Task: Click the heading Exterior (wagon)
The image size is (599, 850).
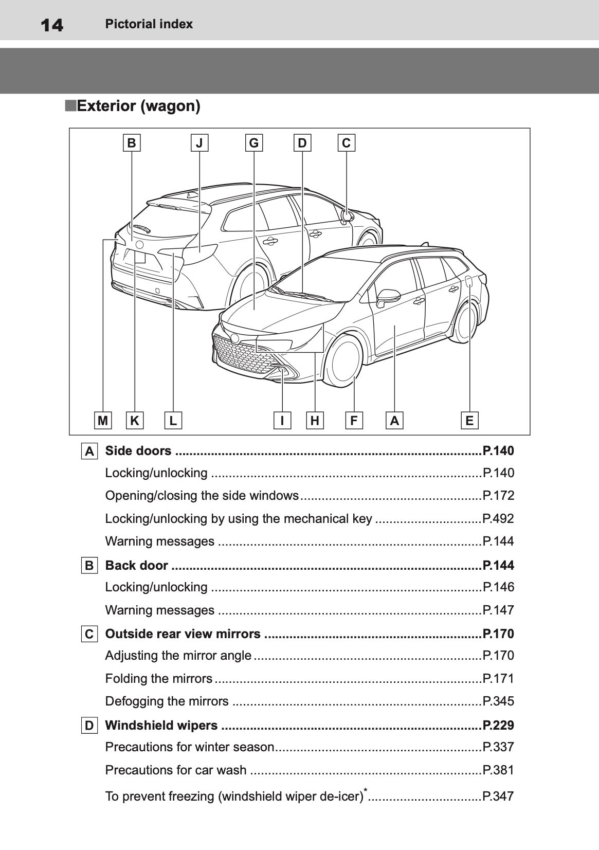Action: click(138, 106)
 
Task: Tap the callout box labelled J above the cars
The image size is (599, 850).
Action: click(199, 142)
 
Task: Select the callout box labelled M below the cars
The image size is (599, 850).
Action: click(103, 421)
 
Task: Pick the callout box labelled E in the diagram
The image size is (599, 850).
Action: click(469, 421)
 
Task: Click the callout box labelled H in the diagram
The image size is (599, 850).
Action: click(315, 421)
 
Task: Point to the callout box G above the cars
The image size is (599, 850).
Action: click(254, 142)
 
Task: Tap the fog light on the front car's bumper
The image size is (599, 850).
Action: click(282, 371)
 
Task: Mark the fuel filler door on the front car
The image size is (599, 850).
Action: click(468, 281)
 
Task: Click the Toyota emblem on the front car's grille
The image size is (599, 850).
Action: click(235, 338)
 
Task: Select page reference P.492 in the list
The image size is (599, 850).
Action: click(498, 518)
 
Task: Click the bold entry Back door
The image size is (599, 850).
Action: click(136, 565)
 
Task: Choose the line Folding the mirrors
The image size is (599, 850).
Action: click(158, 678)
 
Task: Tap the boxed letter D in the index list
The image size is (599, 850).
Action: click(89, 726)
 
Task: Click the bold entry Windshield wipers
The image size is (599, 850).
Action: click(161, 725)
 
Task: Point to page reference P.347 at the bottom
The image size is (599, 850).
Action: click(498, 796)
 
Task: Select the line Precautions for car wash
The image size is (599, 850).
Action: click(176, 770)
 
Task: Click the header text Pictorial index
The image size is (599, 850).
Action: click(149, 24)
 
